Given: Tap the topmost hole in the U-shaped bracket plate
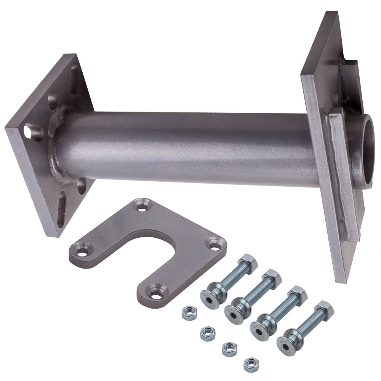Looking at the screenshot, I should (x=143, y=208).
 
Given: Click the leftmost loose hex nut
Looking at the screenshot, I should (x=187, y=313).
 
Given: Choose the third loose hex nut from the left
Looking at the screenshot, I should (x=229, y=347).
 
